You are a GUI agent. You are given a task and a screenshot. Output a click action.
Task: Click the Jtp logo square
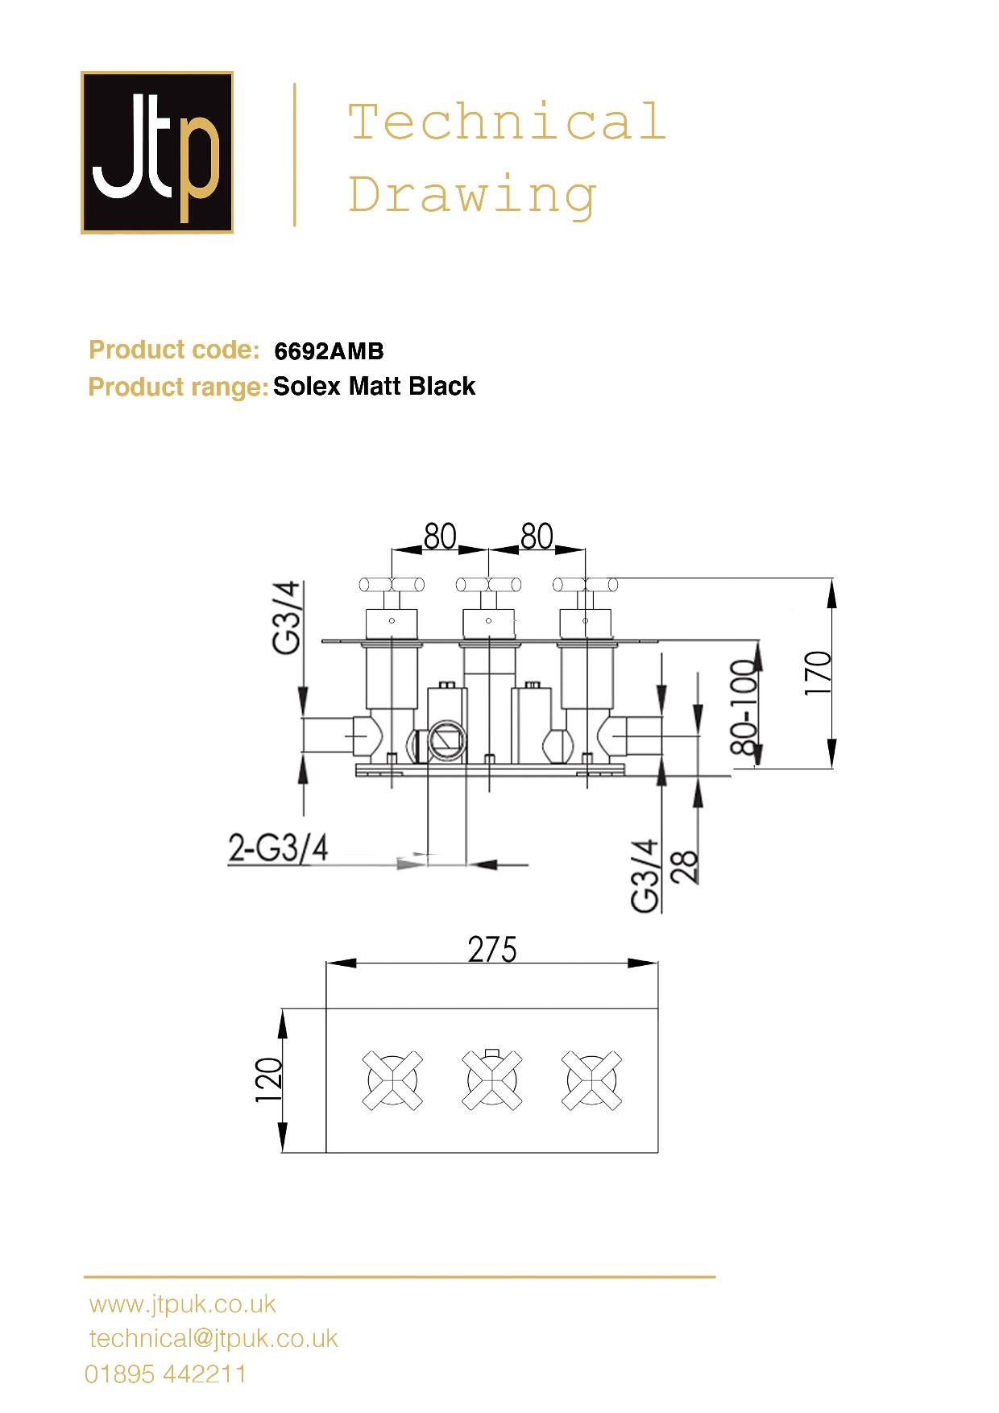(x=157, y=152)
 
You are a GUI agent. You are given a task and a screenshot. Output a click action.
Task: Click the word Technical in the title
(x=507, y=122)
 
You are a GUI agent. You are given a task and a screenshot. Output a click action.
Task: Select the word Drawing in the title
(x=472, y=196)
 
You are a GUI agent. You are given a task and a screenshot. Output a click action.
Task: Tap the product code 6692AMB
(x=329, y=351)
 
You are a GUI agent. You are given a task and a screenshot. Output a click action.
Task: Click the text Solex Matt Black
(x=374, y=387)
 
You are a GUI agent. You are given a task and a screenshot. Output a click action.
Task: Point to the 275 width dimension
(x=491, y=950)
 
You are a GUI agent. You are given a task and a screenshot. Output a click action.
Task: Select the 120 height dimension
(x=269, y=1080)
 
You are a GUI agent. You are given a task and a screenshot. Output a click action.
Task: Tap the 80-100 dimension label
(x=744, y=707)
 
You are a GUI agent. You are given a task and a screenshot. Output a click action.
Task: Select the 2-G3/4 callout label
(x=278, y=848)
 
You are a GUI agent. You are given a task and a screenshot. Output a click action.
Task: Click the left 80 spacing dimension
(x=440, y=537)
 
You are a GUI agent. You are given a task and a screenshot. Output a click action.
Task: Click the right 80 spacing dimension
(x=537, y=537)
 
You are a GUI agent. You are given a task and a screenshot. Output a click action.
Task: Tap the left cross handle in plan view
(x=392, y=1080)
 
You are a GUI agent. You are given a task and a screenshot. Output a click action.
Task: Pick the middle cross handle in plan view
(x=491, y=1080)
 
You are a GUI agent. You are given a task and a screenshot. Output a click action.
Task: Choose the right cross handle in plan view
(x=591, y=1080)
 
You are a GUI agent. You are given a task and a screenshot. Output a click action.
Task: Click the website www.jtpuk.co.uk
(x=183, y=1304)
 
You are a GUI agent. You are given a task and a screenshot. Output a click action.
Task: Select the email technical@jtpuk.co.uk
(x=213, y=1339)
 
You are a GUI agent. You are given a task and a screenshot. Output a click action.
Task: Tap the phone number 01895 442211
(x=166, y=1374)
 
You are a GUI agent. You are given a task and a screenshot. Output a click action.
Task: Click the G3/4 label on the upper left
(x=287, y=617)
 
